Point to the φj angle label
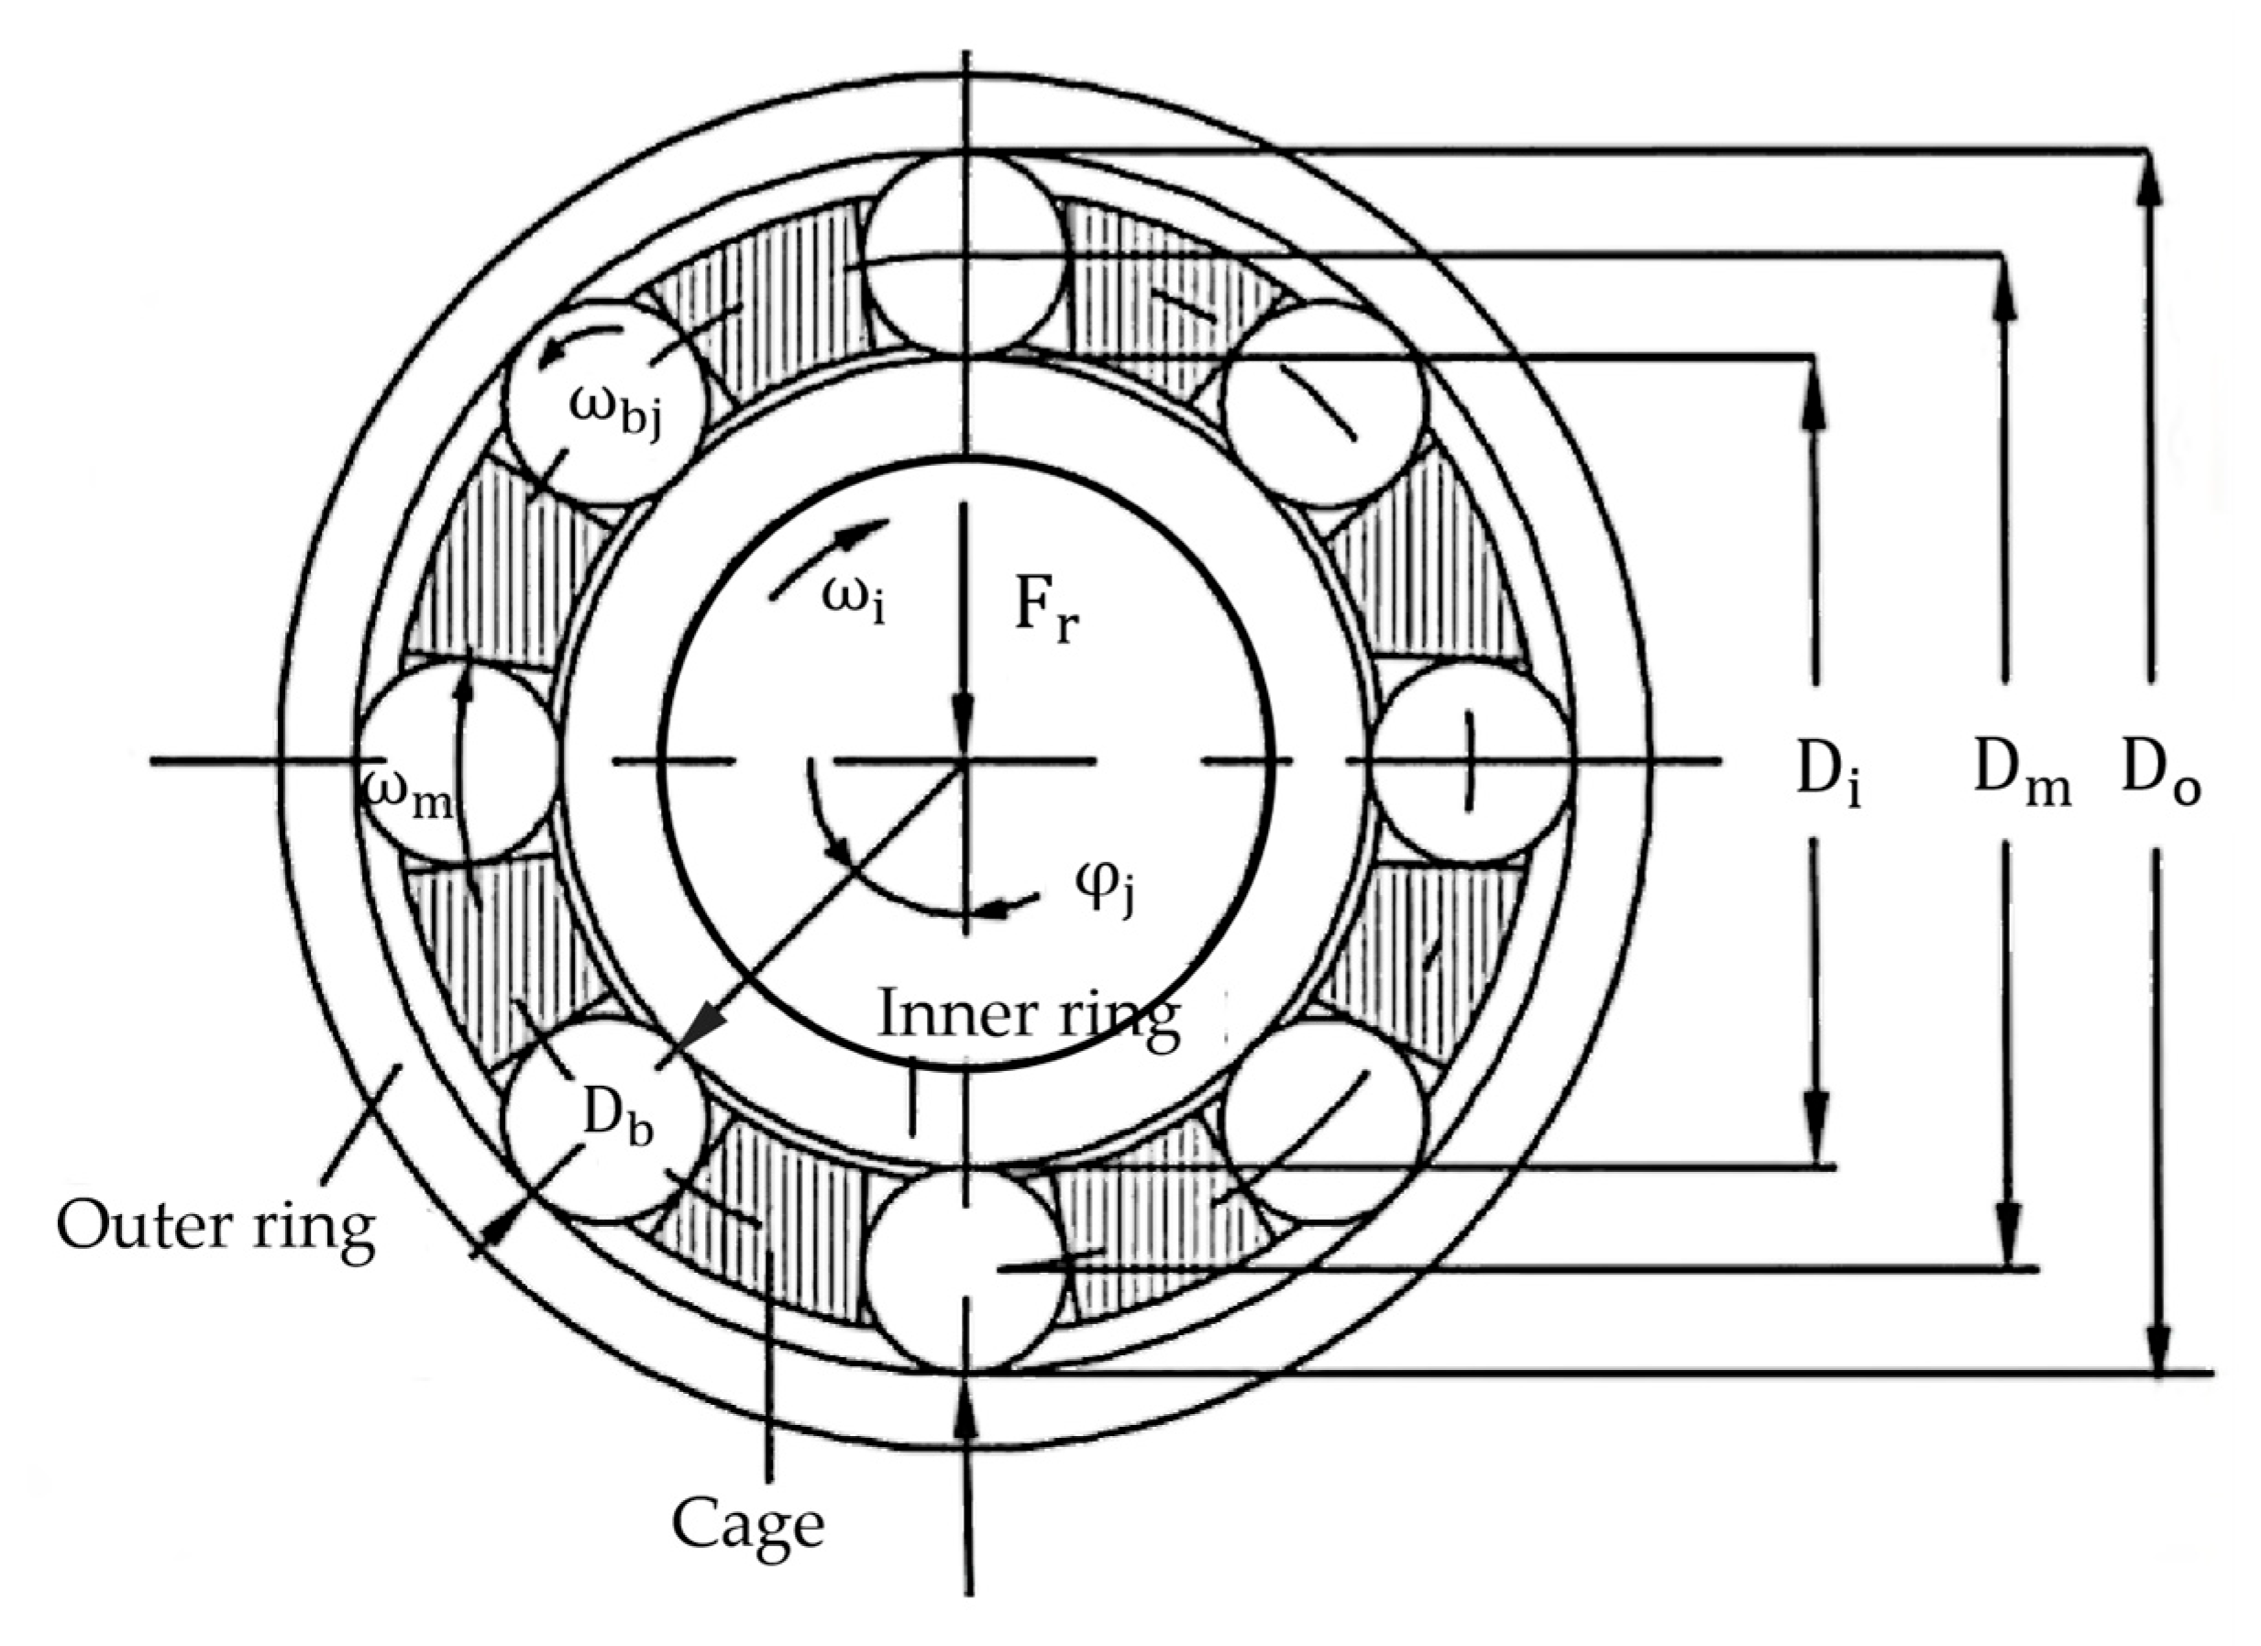(1107, 881)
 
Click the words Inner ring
(1028, 1016)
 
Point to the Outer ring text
(215, 1225)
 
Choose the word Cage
(747, 1524)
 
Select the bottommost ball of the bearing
(964, 1271)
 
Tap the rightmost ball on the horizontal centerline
(1470, 762)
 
